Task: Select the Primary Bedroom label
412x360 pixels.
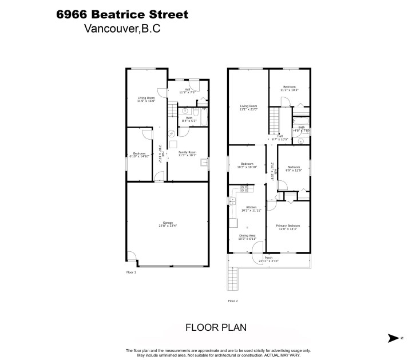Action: point(288,227)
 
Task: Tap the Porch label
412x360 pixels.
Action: point(268,260)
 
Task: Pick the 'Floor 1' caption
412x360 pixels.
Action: point(131,272)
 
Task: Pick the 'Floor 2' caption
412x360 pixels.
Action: point(233,300)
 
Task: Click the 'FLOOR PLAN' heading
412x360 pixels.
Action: point(216,328)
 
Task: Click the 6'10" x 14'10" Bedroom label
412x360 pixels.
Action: point(140,155)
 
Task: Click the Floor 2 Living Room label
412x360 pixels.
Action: point(248,108)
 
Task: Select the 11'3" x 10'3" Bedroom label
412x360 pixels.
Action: point(290,89)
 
